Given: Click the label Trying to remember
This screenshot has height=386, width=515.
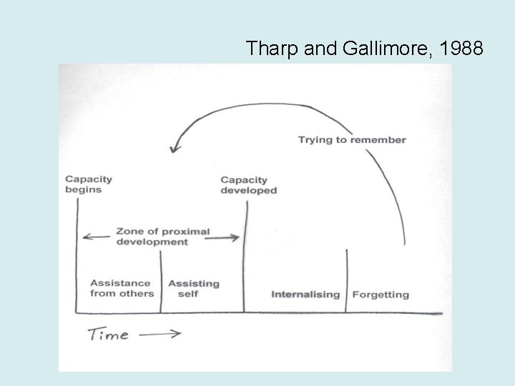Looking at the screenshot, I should tap(352, 139).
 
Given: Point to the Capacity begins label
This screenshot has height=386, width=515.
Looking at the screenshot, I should tap(89, 184).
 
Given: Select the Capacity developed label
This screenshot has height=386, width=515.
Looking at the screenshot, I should tap(248, 185).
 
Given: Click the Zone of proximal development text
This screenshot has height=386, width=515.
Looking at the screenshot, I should tap(162, 237).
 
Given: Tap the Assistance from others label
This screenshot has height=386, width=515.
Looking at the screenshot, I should tap(121, 288).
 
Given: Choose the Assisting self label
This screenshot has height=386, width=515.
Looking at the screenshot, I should tap(193, 288).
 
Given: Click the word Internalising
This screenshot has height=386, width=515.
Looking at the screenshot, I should tap(305, 295).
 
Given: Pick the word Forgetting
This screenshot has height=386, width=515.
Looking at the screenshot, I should tap(381, 295).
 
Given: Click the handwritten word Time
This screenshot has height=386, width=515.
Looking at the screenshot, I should tap(108, 334).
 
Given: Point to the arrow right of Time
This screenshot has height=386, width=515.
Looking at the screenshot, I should tap(160, 334).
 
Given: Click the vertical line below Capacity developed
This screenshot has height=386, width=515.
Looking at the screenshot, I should tap(245, 257).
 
